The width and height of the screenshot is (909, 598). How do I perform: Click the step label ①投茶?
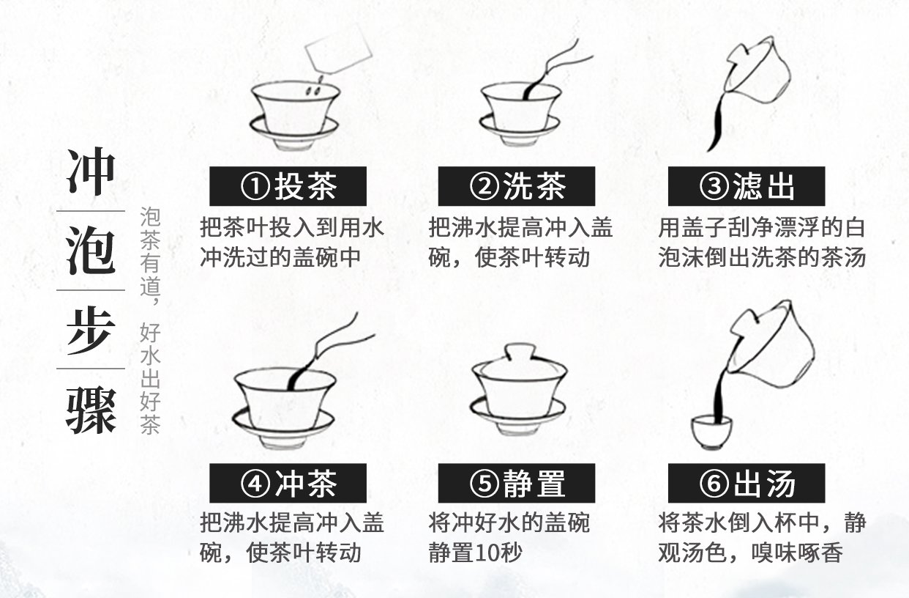(288, 186)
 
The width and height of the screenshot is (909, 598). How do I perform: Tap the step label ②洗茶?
(517, 186)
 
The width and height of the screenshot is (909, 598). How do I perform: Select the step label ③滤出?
(747, 186)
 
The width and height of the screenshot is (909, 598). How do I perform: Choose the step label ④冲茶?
(288, 483)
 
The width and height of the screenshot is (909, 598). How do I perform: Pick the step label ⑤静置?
(517, 483)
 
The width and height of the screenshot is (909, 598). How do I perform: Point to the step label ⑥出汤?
(747, 483)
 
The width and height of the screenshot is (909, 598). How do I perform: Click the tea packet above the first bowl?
(338, 48)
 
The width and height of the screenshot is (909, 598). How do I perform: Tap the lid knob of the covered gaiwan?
(519, 352)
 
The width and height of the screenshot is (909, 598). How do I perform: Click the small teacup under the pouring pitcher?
(712, 432)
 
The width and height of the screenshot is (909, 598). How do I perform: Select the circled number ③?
(714, 186)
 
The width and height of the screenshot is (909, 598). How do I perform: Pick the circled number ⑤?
(485, 484)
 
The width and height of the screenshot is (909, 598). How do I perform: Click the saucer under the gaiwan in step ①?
(294, 135)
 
